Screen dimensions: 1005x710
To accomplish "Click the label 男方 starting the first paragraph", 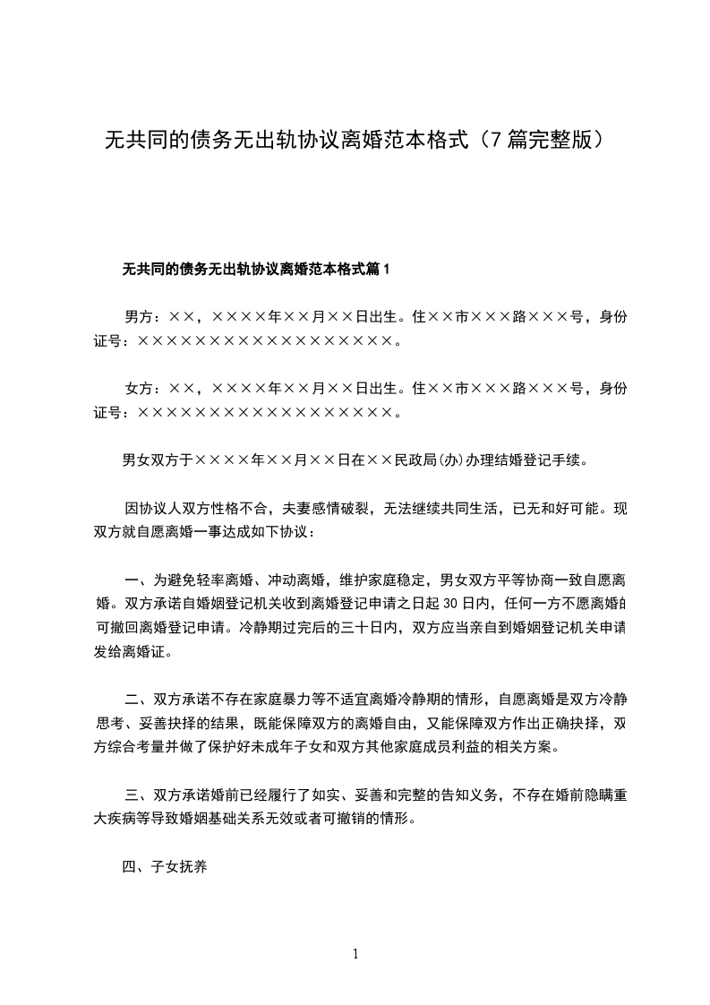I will (x=138, y=316).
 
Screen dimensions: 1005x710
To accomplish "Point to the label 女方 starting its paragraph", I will (x=138, y=389).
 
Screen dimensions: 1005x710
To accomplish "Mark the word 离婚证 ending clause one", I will (x=145, y=651).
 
